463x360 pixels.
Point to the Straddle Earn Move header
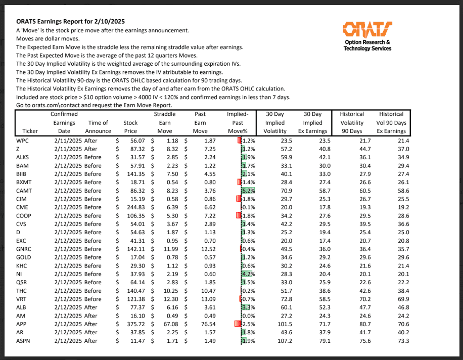tap(165, 122)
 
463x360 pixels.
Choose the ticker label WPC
tap(23, 141)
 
